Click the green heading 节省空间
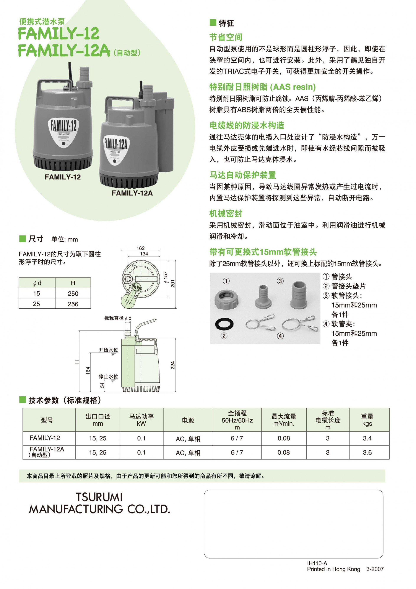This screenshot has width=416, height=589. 226,37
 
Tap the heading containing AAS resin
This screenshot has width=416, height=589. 262,87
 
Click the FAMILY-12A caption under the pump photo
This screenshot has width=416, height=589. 132,193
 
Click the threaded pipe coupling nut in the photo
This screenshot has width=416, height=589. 226,299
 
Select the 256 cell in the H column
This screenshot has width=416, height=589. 73,304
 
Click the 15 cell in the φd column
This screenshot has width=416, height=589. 36,293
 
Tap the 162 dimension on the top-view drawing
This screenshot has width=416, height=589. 140,248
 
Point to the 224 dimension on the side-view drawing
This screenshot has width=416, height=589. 173,365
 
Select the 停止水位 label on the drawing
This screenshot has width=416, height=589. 108,376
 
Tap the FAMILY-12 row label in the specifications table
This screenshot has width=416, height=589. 45,438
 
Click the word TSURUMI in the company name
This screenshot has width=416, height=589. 99,497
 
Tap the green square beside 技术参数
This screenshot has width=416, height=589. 23,399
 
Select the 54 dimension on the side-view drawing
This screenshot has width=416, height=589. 102,385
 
